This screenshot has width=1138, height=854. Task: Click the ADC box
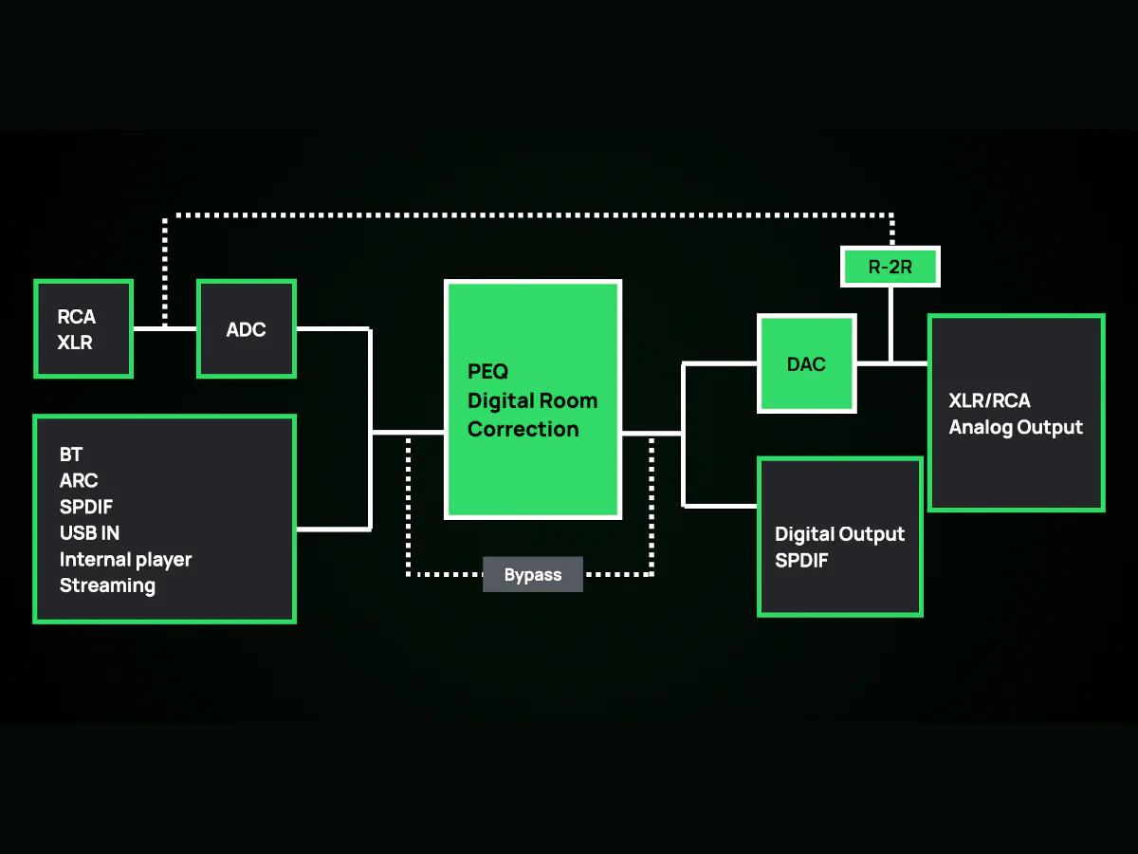point(247,328)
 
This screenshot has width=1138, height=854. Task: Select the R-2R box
point(890,267)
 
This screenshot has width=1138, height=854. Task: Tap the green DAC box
point(807,363)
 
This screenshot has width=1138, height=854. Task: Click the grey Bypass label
point(533,574)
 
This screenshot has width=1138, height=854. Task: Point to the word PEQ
point(487,371)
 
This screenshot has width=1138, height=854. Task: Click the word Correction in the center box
point(523,429)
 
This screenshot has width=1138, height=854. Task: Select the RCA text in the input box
point(76,316)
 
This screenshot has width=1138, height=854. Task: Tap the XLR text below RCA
point(75,343)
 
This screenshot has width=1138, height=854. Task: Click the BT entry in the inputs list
point(71,455)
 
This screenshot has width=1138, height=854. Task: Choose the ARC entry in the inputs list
point(79,480)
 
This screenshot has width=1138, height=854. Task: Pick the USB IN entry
point(89,532)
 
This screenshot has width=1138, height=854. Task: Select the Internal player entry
point(125,560)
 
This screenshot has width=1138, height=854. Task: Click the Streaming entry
point(107,585)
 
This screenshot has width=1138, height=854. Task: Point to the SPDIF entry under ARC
point(86,507)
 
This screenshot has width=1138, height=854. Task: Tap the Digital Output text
point(840,534)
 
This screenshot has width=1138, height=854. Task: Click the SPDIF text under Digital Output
point(801,560)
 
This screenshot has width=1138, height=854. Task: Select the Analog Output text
point(1016,427)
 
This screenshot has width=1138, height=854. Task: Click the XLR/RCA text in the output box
point(990,400)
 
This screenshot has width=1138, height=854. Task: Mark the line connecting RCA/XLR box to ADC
point(165,328)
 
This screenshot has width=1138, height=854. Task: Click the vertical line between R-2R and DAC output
point(890,325)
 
